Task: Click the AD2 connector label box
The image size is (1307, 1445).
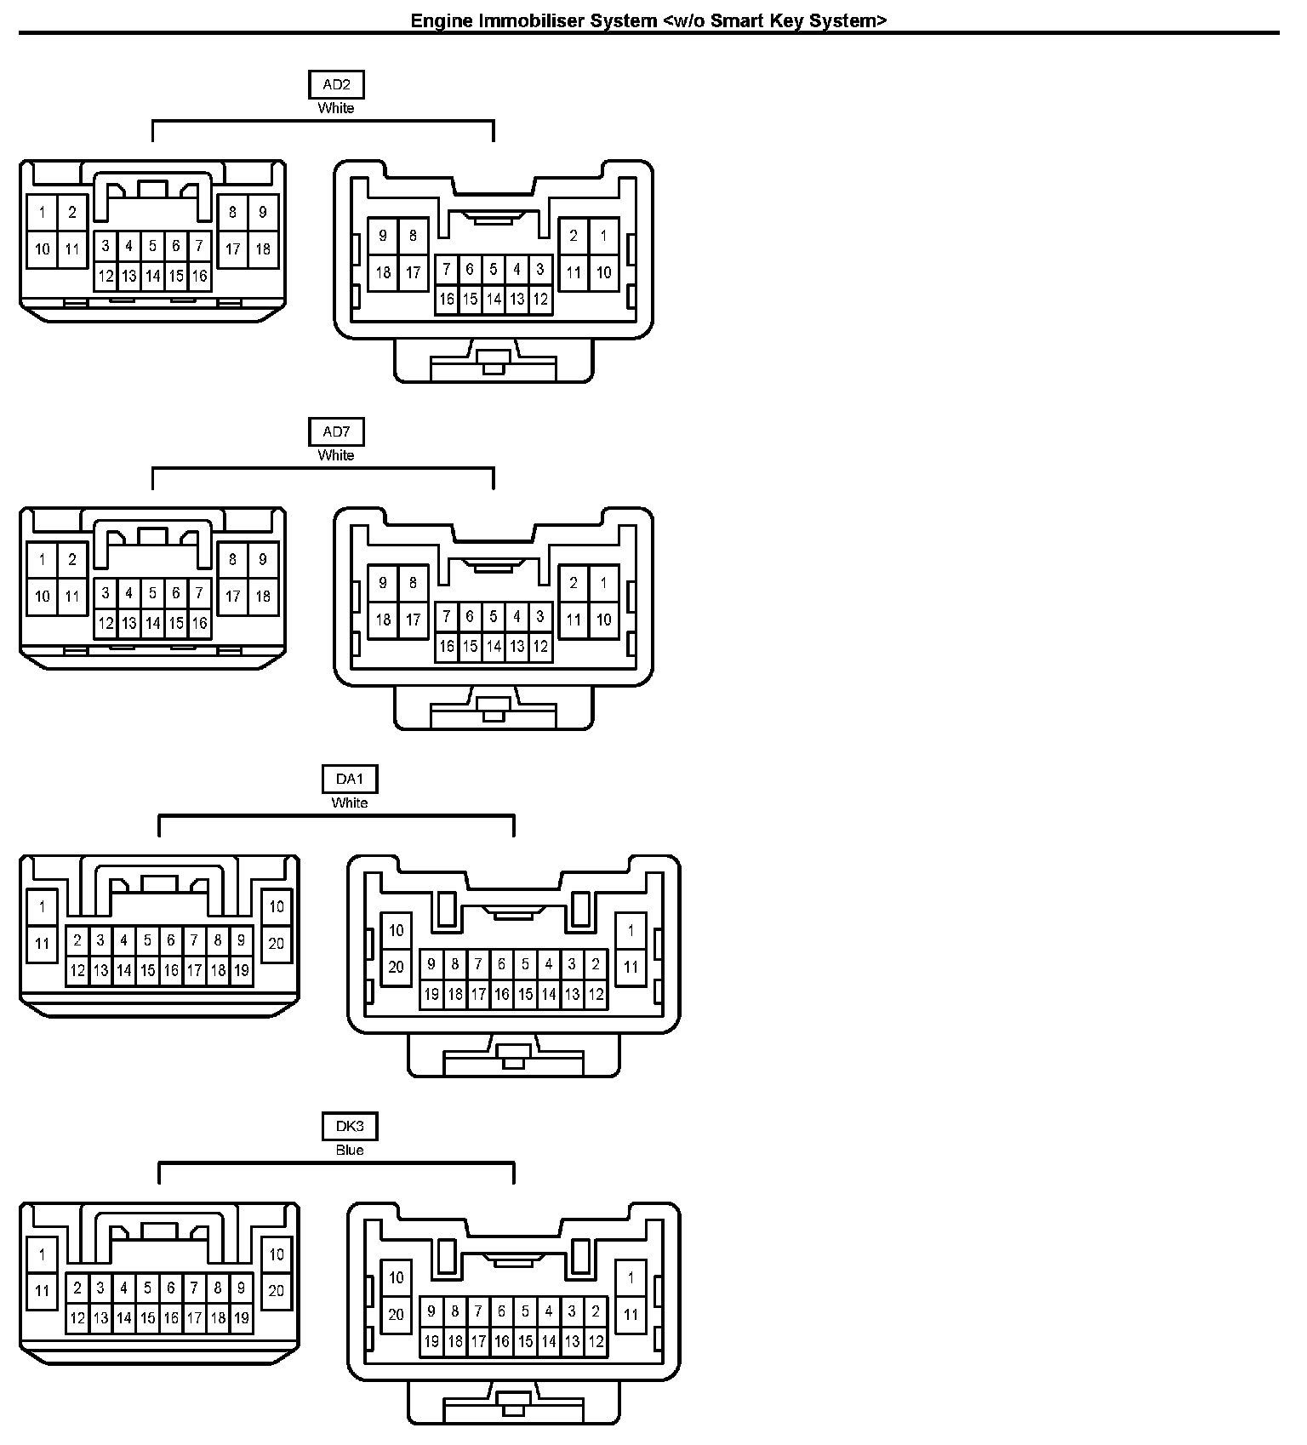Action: pos(336,85)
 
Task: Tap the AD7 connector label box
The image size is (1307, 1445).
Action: pos(336,432)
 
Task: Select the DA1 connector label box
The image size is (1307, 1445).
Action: pos(350,780)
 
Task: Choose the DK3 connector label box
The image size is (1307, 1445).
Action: pos(350,1127)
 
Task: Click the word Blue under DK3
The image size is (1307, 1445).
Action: pos(350,1151)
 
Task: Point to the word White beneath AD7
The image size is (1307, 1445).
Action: pos(336,455)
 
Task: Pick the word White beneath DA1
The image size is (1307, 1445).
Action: pos(350,803)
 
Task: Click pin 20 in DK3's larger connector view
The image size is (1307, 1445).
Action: pos(397,1314)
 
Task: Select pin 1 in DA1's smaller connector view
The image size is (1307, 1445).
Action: pos(43,907)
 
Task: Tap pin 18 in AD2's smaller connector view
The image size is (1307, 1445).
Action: pos(263,249)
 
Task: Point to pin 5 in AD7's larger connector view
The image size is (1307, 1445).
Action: pos(494,616)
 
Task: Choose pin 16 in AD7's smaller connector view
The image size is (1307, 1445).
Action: pos(199,623)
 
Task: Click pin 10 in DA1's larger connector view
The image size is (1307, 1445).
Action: pos(397,930)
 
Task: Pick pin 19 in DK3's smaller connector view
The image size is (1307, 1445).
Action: pos(242,1318)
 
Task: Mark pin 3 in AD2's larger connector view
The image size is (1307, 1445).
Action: pos(540,270)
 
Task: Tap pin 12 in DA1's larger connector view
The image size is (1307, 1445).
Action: pos(596,994)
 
